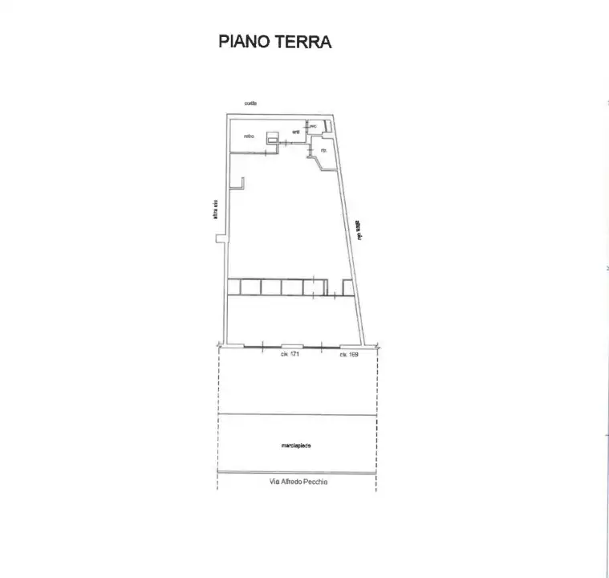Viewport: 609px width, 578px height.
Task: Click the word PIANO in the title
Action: (x=244, y=42)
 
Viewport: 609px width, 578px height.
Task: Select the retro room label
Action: (x=249, y=136)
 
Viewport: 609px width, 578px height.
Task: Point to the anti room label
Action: (x=295, y=132)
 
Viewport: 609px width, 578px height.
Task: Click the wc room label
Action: (x=314, y=126)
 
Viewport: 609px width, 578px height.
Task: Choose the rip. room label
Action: (x=323, y=151)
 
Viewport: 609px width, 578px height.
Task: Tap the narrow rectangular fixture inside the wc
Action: (x=327, y=126)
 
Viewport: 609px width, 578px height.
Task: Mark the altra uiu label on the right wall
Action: (x=359, y=233)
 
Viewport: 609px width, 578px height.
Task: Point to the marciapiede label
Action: (x=296, y=446)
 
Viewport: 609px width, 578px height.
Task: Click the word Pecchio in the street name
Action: (x=312, y=482)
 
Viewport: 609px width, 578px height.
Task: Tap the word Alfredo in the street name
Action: (x=288, y=482)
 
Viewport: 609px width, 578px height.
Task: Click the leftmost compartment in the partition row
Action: (x=235, y=287)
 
